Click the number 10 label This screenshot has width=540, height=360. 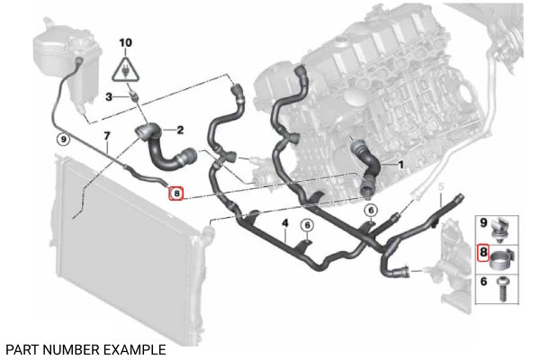tap(125, 42)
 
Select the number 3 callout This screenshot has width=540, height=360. tap(108, 96)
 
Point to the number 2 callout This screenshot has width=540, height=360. tap(179, 130)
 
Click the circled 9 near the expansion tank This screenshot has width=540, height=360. tap(62, 139)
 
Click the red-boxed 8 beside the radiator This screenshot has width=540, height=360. tap(175, 192)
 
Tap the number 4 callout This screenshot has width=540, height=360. tap(284, 222)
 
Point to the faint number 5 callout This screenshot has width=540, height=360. tap(441, 186)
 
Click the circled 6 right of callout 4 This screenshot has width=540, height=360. tap(307, 225)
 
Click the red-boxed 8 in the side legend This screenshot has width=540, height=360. tap(483, 253)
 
